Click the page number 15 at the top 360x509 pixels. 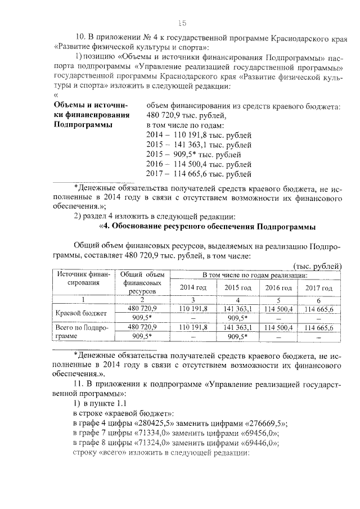(x=182, y=23)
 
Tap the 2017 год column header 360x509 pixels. (x=319, y=287)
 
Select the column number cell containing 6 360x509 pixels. (x=319, y=300)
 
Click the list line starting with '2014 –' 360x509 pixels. (x=198, y=135)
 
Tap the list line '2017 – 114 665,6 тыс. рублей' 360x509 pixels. (x=198, y=174)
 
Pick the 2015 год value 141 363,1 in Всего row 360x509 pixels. (x=237, y=327)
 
